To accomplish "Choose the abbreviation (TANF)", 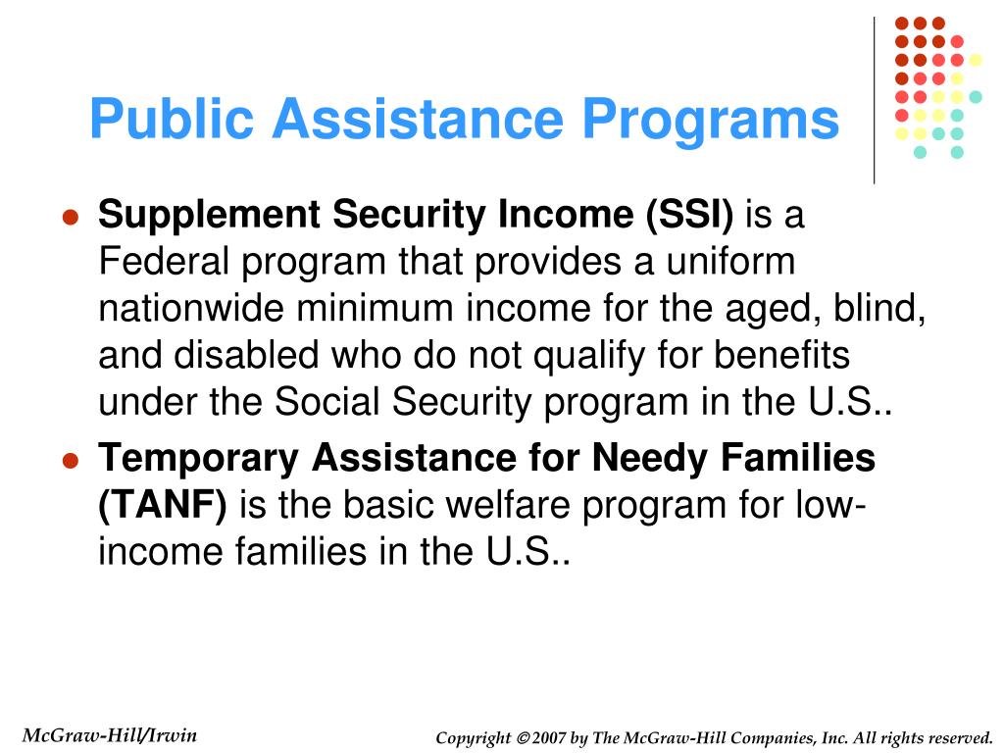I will [163, 505].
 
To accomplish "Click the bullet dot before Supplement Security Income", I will [70, 218].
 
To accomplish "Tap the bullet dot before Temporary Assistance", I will [70, 461].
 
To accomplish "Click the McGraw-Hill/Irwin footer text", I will [109, 735].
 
